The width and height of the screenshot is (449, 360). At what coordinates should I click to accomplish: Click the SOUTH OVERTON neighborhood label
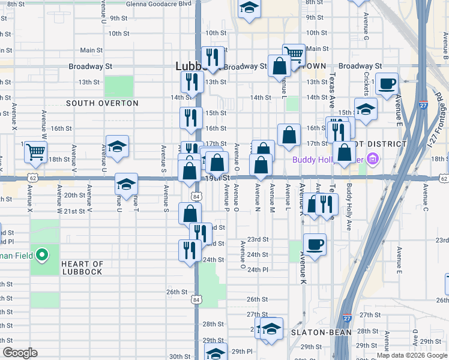pos(102,103)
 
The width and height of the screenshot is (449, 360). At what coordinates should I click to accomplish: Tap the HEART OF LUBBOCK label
pos(82,268)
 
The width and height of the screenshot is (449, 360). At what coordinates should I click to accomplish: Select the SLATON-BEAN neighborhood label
pos(316,332)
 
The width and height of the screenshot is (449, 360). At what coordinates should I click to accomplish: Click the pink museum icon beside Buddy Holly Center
pos(372,160)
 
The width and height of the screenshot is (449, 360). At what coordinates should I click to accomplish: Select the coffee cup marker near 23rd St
pos(314,244)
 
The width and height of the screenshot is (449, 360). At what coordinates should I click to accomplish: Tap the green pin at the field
pos(41,256)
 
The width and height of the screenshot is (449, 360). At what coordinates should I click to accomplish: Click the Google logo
pos(20,353)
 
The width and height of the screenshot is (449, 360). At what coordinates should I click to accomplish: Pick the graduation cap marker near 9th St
pos(249,8)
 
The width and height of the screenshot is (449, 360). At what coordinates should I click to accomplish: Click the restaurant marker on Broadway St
pos(212,57)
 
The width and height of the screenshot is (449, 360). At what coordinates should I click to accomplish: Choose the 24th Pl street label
pos(257,270)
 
